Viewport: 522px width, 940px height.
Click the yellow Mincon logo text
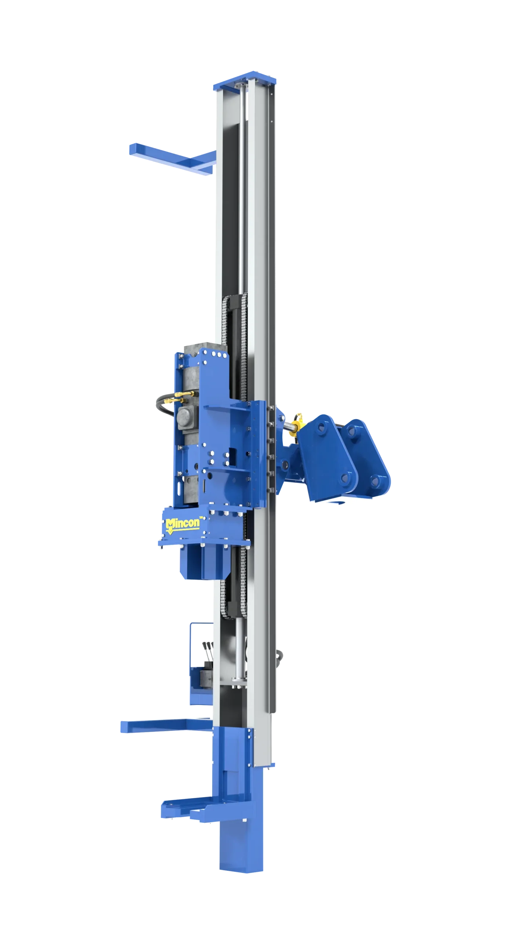(182, 523)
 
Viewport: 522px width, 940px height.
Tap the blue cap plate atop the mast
(245, 79)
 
